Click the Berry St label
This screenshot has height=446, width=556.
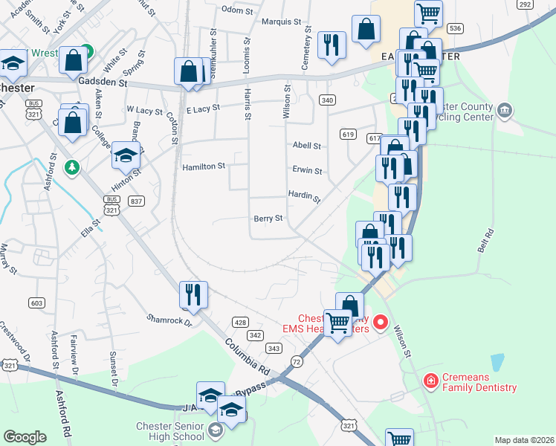tap(268, 219)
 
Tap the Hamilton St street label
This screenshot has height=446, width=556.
tap(204, 167)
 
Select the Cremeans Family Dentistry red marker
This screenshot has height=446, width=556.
tap(430, 381)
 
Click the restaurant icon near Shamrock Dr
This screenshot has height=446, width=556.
tap(193, 294)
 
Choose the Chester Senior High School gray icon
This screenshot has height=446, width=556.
tap(215, 430)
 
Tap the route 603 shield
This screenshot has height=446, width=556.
tap(36, 303)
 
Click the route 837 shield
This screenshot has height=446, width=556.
tap(135, 201)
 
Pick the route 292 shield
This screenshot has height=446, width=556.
tap(526, 4)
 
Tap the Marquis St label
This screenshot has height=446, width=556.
tap(281, 22)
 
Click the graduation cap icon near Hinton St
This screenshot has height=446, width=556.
tap(126, 155)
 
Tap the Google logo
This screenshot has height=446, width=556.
tap(25, 437)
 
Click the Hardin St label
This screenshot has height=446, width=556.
tap(305, 195)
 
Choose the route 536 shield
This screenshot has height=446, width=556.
tap(456, 28)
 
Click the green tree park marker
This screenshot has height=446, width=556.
tap(72, 166)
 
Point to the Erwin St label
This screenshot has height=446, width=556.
tap(307, 170)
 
